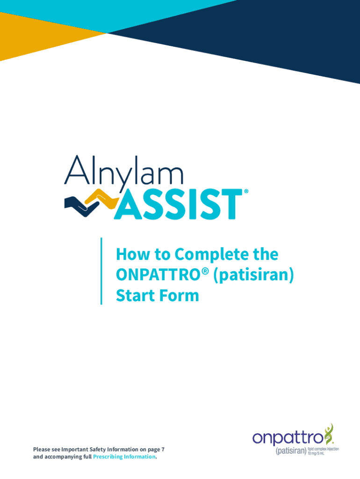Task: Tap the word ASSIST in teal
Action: point(179,204)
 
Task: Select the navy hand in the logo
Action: point(81,206)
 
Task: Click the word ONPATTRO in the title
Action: point(158,274)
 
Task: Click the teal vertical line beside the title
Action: point(101,271)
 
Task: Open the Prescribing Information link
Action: point(124,457)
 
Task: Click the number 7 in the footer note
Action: point(163,450)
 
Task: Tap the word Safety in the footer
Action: point(97,450)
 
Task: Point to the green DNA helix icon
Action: point(329,434)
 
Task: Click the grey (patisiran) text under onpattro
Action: point(291,451)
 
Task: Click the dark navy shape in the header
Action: point(259,36)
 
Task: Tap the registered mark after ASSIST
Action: point(246,191)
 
